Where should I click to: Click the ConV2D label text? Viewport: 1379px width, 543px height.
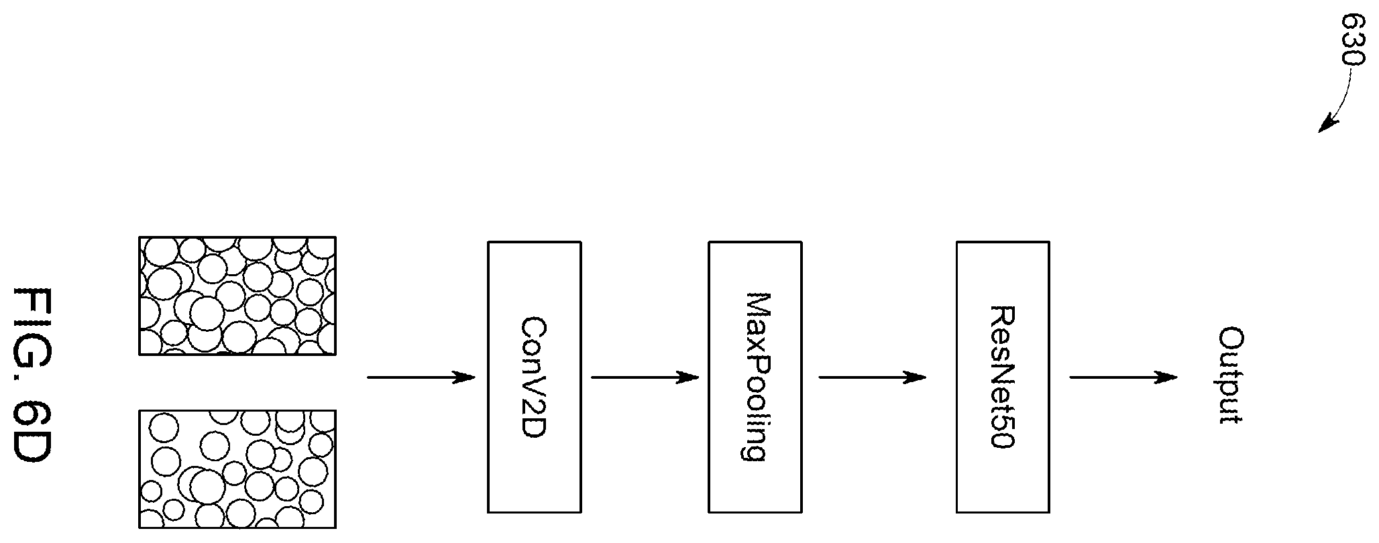tap(535, 377)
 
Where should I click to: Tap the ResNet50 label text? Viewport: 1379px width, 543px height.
tap(1003, 377)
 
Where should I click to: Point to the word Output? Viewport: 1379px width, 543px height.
tap(1231, 375)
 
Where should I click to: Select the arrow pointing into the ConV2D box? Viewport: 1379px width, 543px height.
tap(421, 377)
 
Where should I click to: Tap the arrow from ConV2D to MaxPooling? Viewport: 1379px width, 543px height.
tap(645, 377)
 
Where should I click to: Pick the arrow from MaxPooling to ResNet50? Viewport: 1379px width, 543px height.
tap(873, 377)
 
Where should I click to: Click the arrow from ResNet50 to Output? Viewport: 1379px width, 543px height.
tap(1123, 377)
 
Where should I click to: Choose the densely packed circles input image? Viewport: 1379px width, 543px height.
tap(237, 295)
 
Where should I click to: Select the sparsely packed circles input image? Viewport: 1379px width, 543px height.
tap(237, 469)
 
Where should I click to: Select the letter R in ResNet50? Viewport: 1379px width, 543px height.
tap(1003, 316)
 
